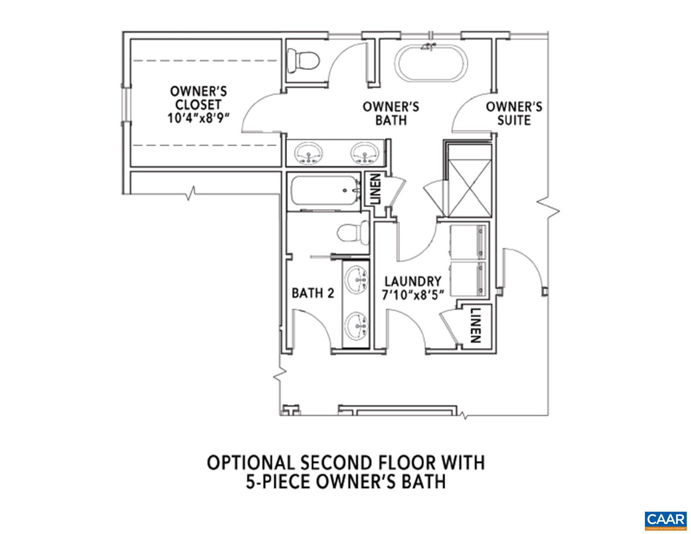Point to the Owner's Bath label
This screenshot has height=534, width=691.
coord(390,114)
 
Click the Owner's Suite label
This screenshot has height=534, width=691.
coord(514,114)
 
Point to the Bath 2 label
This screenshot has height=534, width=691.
coord(312,293)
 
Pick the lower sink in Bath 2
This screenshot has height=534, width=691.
coord(357,325)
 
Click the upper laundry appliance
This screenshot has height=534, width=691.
coord(468,242)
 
